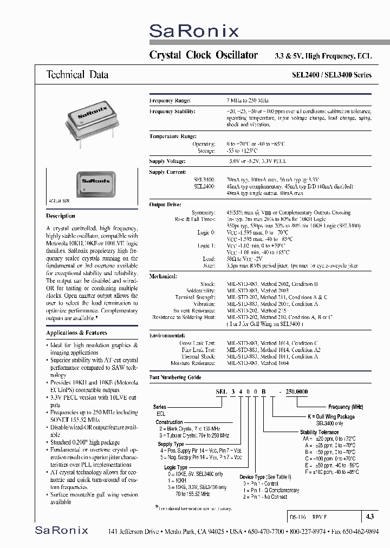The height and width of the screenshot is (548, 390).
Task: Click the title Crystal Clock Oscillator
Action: coord(203,55)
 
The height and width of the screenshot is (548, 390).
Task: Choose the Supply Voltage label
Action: coord(167,161)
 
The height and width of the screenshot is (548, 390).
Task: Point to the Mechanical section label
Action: coord(163,276)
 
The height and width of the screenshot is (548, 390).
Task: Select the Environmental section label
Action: coord(167,335)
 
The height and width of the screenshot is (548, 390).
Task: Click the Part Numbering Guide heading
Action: coord(175,377)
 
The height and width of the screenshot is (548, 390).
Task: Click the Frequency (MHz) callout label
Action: coord(346,407)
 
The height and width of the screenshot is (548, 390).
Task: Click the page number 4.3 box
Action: coord(369,517)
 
